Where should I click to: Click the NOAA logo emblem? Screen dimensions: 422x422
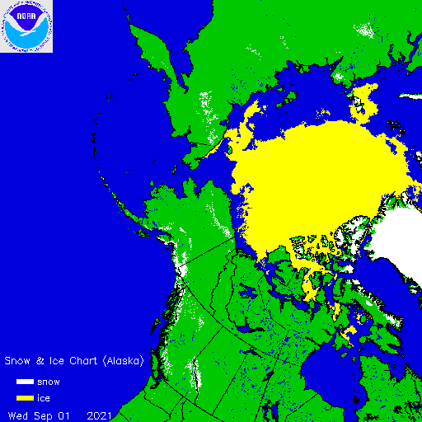coord(26,26)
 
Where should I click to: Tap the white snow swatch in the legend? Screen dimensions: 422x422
coord(24,382)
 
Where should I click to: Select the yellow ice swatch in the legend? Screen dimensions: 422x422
coord(24,398)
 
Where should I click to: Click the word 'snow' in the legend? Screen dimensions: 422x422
coord(49,382)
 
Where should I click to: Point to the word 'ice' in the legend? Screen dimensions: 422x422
coord(43,398)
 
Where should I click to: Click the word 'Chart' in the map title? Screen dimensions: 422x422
coord(79,361)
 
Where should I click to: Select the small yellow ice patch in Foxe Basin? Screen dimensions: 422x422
coord(349,331)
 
